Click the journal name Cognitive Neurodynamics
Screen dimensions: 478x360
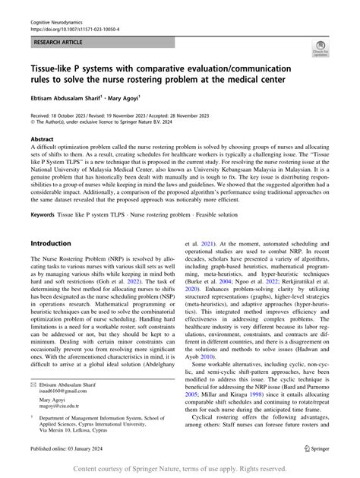(x=56, y=6)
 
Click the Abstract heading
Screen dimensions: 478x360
(x=42, y=141)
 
